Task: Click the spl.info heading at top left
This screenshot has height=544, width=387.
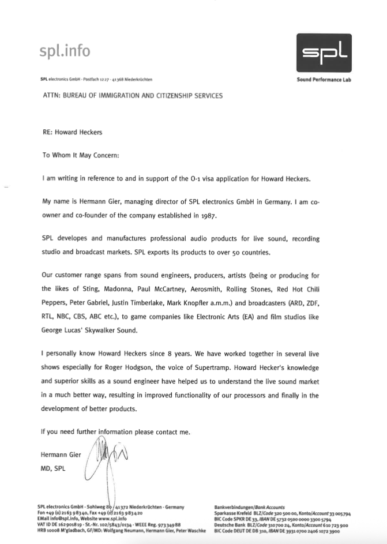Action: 65,51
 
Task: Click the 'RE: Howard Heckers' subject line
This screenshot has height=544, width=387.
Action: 72,132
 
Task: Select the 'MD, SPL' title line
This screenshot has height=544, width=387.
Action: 53,468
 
